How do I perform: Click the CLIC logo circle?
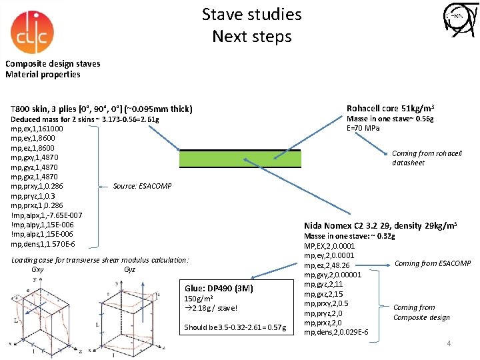point(33,32)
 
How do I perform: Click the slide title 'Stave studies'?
point(251,14)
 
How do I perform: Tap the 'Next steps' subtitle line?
point(251,36)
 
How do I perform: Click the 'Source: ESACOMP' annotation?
point(142,185)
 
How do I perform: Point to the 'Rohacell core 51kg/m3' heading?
point(391,108)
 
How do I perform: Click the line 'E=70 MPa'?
point(363,128)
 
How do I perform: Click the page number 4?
point(449,343)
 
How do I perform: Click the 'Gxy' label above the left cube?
point(37,269)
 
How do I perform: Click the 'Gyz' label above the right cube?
point(129,269)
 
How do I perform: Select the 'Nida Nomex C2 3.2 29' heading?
point(380,226)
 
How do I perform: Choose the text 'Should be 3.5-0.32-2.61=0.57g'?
point(235,327)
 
